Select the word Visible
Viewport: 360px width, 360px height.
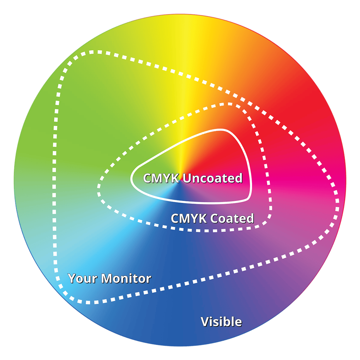coord(221,322)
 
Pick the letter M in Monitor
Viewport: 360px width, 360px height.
coord(108,279)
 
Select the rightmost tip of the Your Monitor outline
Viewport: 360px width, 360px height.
coord(337,195)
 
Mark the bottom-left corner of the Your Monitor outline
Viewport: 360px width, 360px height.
coord(71,298)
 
